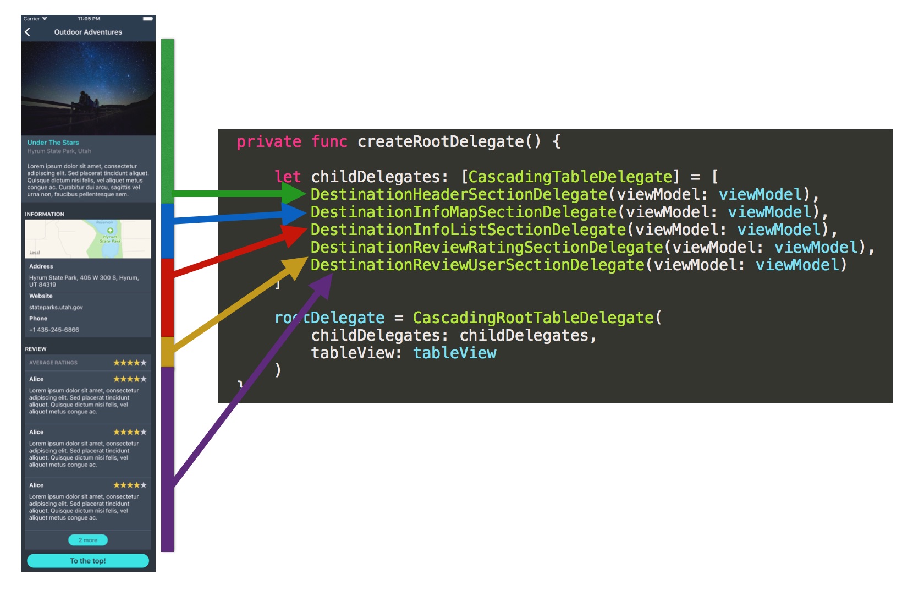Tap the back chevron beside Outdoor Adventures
click(28, 32)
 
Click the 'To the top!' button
click(88, 561)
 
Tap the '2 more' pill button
click(88, 540)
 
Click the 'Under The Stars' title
click(53, 143)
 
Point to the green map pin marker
click(111, 231)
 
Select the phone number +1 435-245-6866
click(54, 330)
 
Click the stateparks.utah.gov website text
click(56, 307)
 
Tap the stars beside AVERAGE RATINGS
click(130, 363)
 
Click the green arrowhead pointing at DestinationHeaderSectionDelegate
click(294, 193)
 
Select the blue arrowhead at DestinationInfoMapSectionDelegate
click(294, 213)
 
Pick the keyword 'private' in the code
click(269, 141)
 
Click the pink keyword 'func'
click(329, 141)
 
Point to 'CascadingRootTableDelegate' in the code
click(533, 318)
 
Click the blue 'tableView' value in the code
click(454, 353)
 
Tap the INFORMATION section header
click(45, 214)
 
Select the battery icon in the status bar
click(148, 19)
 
